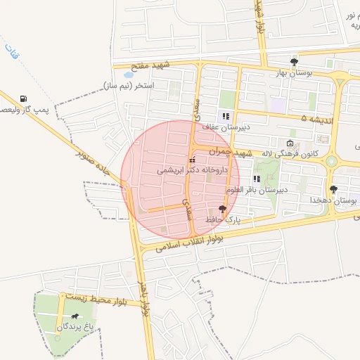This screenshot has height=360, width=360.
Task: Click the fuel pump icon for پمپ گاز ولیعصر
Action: (x=25, y=98)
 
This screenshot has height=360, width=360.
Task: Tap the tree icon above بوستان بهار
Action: (x=294, y=62)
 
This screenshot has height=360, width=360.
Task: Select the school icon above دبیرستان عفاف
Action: (x=226, y=116)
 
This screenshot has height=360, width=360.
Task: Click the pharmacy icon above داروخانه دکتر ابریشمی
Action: (x=193, y=160)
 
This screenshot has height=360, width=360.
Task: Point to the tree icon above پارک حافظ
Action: (x=223, y=209)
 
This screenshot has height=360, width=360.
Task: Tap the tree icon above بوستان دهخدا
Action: (x=333, y=189)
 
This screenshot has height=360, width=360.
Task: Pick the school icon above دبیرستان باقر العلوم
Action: (x=256, y=179)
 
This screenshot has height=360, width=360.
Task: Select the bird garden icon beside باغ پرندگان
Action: (x=75, y=317)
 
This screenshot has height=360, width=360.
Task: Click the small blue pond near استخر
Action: (x=129, y=74)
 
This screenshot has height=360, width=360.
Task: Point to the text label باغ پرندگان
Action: (x=75, y=328)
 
